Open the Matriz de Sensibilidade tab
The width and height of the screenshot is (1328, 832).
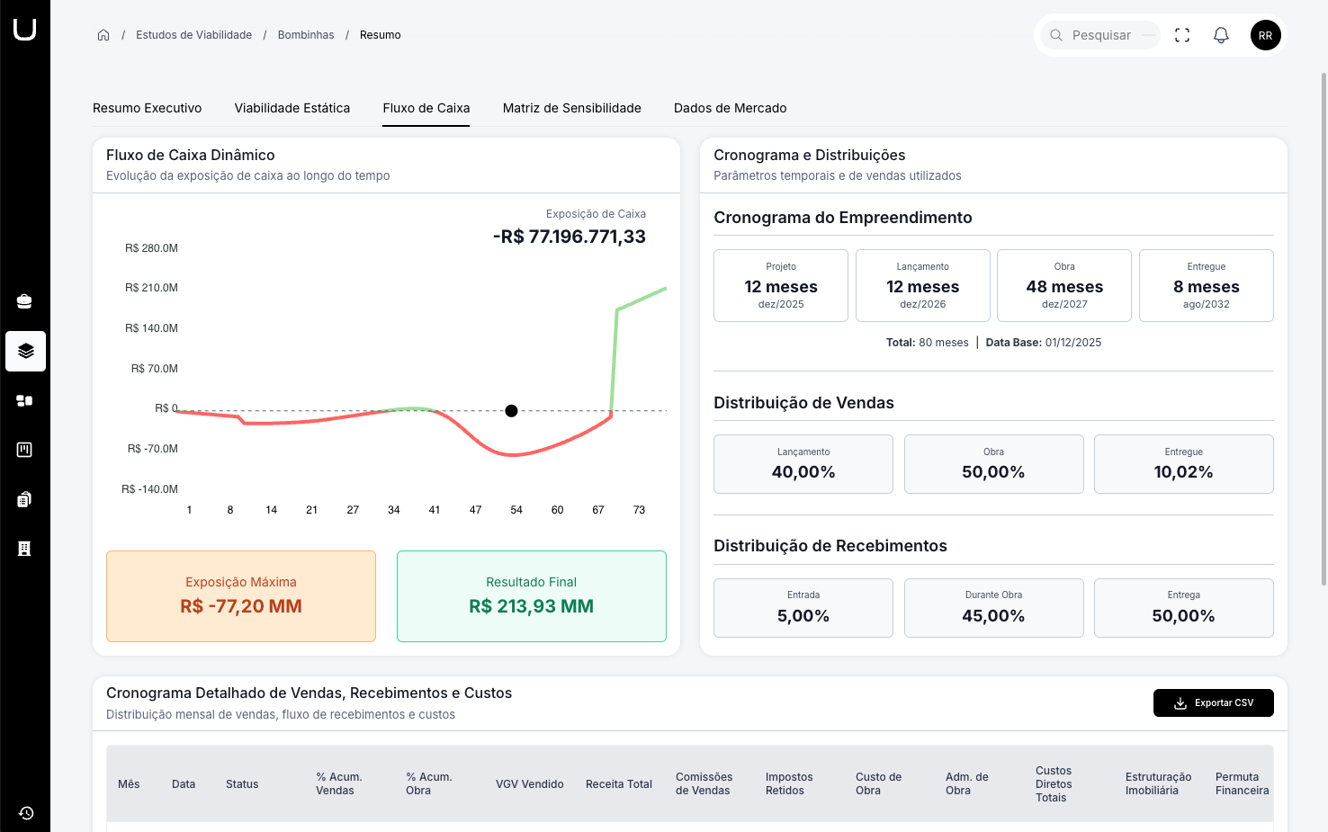571,108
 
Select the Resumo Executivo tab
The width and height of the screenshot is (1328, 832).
147,108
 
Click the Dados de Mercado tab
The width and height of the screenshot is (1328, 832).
730,108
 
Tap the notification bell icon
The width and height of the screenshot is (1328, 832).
1221,35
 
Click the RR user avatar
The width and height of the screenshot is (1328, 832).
1265,35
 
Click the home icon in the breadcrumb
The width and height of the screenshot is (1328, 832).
103,35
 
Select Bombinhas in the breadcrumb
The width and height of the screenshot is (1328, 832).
305,35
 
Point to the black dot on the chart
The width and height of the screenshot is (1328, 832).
511,411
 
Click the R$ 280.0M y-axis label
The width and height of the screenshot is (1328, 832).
151,248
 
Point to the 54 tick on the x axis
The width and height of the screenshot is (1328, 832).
516,510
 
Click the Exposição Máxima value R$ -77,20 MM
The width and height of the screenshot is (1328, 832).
240,606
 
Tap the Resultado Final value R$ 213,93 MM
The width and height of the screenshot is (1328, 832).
531,606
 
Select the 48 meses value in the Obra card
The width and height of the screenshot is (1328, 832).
1063,287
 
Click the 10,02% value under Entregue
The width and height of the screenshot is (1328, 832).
1183,472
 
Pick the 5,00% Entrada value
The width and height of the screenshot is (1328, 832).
803,616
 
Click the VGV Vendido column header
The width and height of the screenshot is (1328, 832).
529,784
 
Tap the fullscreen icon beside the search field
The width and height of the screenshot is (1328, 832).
1182,35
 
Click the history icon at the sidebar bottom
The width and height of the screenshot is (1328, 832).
26,813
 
